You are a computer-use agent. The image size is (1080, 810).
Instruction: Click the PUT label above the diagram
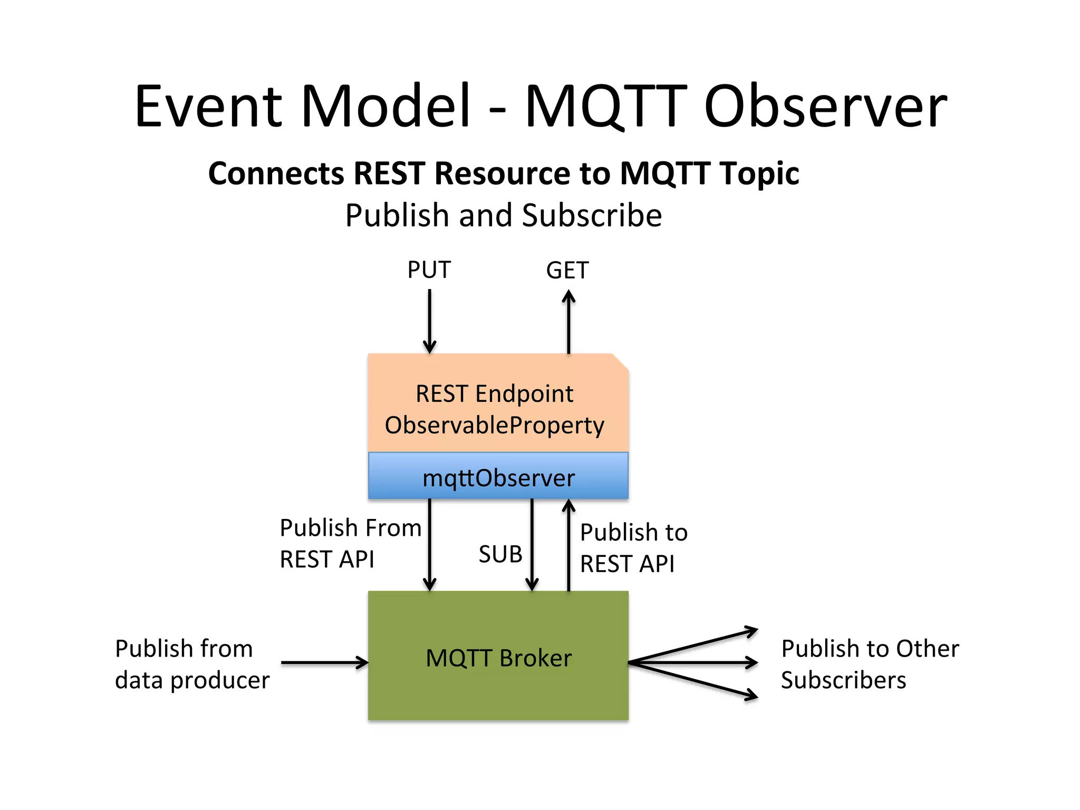point(429,270)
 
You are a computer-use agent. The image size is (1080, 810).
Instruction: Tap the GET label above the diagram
point(567,271)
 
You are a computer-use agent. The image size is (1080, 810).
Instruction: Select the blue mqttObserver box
point(498,477)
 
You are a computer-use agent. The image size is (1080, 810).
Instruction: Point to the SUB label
point(500,554)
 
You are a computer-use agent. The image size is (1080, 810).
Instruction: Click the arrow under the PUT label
point(429,322)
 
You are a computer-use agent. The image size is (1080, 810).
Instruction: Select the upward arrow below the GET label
point(568,322)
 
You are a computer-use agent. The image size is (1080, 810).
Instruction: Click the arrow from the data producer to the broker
point(324,662)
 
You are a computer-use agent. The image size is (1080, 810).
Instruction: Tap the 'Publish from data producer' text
point(192,664)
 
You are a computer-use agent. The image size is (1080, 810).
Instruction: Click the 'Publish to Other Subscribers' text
point(870,664)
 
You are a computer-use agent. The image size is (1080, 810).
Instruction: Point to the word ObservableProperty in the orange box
point(494,425)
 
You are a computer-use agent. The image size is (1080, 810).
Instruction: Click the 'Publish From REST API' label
point(350,543)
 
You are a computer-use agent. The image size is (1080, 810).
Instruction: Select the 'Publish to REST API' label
point(633,548)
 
